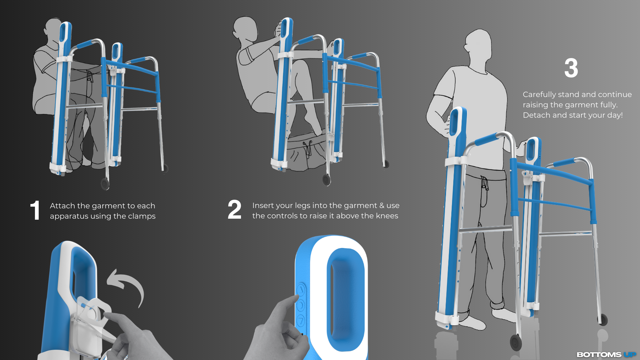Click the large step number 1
35,210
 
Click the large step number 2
234,210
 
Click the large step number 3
571,68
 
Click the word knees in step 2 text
387,216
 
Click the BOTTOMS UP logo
606,355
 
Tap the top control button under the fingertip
301,290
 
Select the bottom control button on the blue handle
301,321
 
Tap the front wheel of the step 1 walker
105,184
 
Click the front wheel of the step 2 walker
326,180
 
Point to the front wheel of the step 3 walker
516,342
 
